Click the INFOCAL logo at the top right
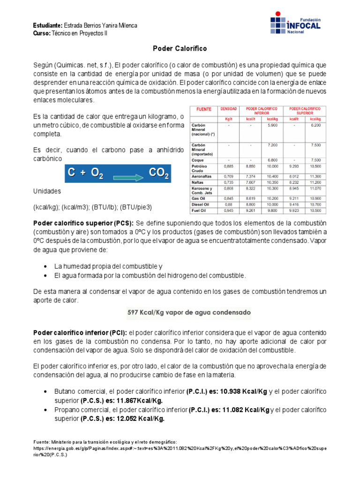[295, 24]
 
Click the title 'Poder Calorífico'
[180, 48]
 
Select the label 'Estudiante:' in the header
[48, 24]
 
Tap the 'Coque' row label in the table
[197, 160]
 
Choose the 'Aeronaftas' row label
[201, 176]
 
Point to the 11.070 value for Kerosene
[315, 188]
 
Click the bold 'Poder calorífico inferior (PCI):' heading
[78, 332]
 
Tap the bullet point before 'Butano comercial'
[45, 391]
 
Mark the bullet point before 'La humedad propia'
[45, 266]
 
